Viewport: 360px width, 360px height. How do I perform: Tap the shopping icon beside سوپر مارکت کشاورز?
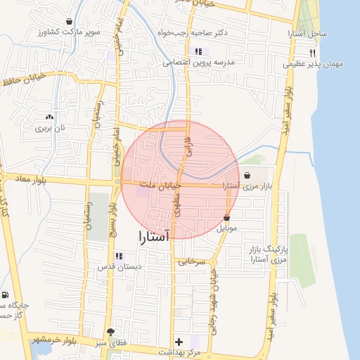tap(69, 22)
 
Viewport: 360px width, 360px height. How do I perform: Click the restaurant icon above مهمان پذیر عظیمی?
tap(312, 53)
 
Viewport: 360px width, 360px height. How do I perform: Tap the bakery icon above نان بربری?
tap(49, 117)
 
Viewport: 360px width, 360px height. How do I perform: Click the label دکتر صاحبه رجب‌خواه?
tap(223, 34)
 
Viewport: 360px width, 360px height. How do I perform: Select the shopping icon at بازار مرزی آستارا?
tap(247, 176)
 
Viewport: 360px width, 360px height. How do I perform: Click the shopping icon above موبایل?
tap(226, 218)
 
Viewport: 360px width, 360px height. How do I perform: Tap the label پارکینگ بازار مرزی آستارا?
tap(264, 255)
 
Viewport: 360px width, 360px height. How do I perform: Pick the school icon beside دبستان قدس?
tap(118, 256)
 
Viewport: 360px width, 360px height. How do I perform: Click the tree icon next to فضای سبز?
tap(110, 331)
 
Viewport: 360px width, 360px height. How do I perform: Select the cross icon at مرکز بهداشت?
tap(179, 340)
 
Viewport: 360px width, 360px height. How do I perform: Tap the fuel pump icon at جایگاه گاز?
tap(6, 295)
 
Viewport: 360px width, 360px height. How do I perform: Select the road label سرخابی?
tap(191, 261)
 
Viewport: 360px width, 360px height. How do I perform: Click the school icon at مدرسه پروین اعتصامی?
tap(198, 51)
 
